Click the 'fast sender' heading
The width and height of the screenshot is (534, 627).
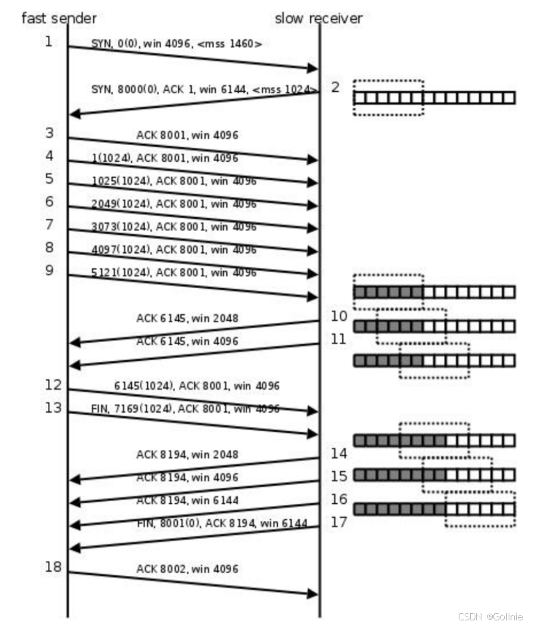click(x=59, y=17)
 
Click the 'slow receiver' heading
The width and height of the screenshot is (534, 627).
click(x=318, y=18)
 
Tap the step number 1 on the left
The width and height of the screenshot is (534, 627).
click(x=49, y=41)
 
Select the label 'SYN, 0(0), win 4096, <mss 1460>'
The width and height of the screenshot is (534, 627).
click(x=176, y=44)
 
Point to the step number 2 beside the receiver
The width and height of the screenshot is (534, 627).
click(x=336, y=87)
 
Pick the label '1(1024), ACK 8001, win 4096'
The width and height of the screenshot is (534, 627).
click(x=164, y=158)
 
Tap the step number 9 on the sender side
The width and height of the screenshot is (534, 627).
click(x=49, y=271)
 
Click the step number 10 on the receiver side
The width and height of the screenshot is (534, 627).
click(x=339, y=316)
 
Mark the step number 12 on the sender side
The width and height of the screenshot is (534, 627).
click(x=53, y=385)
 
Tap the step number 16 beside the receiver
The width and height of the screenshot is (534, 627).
click(x=339, y=499)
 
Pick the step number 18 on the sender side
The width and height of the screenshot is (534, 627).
click(x=53, y=567)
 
